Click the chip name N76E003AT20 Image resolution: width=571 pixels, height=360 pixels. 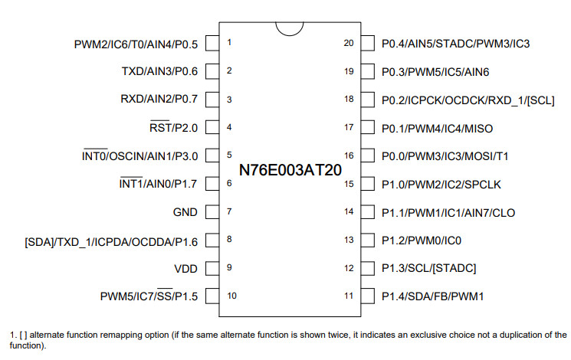coord(290,170)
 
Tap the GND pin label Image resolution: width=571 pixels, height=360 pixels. coord(185,212)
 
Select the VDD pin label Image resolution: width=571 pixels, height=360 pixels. coord(185,269)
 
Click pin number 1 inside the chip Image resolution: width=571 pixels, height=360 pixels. coord(229,42)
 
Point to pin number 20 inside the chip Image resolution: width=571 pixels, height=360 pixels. coord(349,43)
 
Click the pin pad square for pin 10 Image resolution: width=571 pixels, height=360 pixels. coord(212,296)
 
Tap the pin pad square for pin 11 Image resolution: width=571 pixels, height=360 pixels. coord(367,296)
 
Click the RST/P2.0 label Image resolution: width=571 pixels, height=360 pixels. coord(174,128)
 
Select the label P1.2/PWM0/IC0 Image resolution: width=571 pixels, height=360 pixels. coord(422,241)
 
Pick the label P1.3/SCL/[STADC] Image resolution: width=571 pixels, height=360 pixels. coord(428,269)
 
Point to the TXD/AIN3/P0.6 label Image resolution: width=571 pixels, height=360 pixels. coord(159,71)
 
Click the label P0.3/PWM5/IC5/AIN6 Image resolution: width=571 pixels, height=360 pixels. coord(435,72)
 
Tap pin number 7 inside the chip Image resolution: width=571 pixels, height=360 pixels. coord(229,211)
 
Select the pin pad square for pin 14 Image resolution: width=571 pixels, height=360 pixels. coord(367,212)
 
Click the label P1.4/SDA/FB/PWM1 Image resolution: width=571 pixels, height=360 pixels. coord(432,296)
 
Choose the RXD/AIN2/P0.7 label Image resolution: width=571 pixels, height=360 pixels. coord(159,99)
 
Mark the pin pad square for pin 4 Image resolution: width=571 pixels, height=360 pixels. coord(212,127)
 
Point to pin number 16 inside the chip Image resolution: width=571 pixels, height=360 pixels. coord(349,155)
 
